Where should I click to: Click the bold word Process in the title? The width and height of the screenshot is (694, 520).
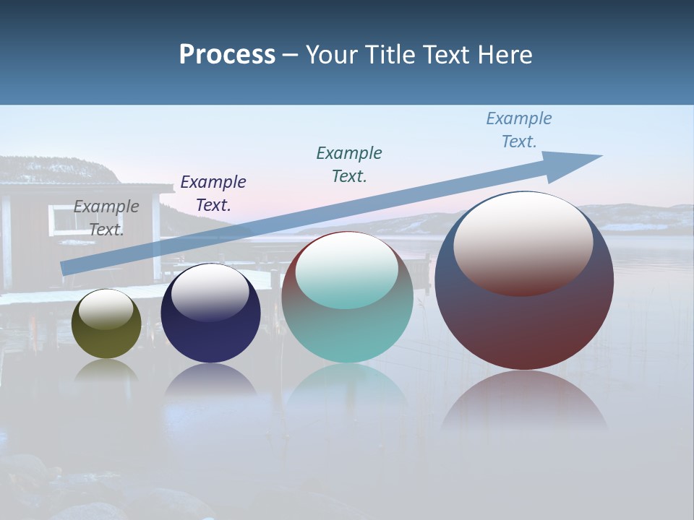tap(227, 55)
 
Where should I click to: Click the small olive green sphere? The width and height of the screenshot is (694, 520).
tap(106, 336)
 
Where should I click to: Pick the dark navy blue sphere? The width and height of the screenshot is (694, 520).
tap(210, 332)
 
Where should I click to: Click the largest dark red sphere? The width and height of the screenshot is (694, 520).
tap(524, 325)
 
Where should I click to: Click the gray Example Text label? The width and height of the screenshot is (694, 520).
tap(106, 217)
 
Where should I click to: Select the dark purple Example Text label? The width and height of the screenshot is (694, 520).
tap(213, 193)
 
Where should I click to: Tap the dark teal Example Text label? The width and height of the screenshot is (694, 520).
tap(349, 164)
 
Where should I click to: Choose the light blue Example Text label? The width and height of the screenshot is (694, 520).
tap(519, 129)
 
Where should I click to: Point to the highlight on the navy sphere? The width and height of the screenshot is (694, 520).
tap(210, 292)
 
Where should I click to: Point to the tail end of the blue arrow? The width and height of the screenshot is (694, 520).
tap(67, 268)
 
